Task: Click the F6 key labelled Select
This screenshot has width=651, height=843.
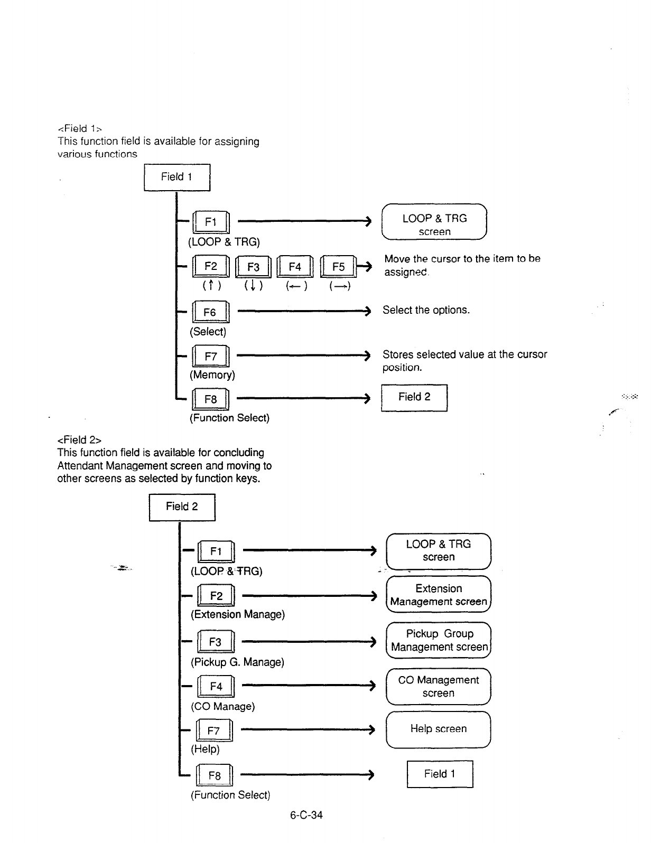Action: pyautogui.click(x=210, y=313)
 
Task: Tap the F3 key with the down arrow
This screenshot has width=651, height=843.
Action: pyautogui.click(x=253, y=267)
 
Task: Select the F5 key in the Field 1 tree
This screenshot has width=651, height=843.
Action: pyautogui.click(x=338, y=267)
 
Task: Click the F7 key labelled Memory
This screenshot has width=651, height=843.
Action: pyautogui.click(x=210, y=357)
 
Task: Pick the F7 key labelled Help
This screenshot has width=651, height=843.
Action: pyautogui.click(x=213, y=731)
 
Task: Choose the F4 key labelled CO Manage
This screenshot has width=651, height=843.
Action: pyautogui.click(x=216, y=687)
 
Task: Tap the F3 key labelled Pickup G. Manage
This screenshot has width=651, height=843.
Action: pyautogui.click(x=215, y=642)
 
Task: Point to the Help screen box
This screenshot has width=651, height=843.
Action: pyautogui.click(x=439, y=729)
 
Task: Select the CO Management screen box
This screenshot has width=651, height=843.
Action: pyautogui.click(x=439, y=687)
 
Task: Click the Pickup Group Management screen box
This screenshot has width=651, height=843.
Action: pyautogui.click(x=439, y=640)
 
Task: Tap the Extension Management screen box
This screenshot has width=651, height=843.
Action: pyautogui.click(x=439, y=595)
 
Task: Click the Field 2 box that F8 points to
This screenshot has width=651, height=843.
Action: pyautogui.click(x=414, y=397)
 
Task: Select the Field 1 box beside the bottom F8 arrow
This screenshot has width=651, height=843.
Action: pyautogui.click(x=440, y=774)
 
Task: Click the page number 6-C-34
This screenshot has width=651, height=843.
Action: pyautogui.click(x=306, y=815)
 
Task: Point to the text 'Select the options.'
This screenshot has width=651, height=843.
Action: pyautogui.click(x=426, y=310)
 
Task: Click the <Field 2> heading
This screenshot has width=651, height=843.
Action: pyautogui.click(x=79, y=440)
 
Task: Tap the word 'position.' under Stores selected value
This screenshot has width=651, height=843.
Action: pyautogui.click(x=402, y=368)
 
